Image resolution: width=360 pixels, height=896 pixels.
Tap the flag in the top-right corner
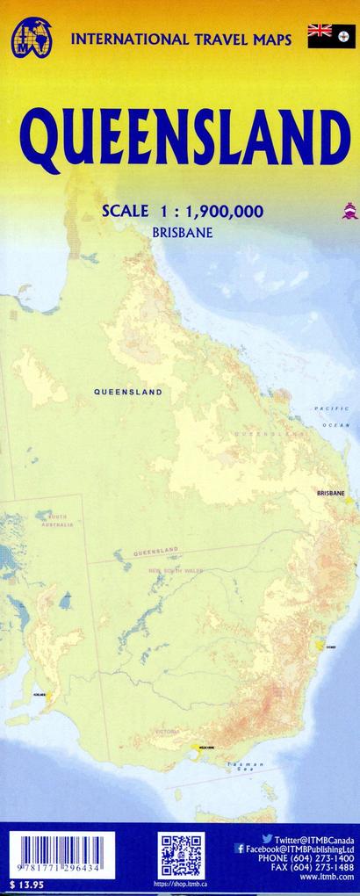coord(332,35)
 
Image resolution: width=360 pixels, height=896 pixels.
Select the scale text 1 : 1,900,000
coord(208,210)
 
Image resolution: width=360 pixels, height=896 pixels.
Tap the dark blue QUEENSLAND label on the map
coord(128,392)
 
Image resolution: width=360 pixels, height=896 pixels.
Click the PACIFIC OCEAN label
coord(333,416)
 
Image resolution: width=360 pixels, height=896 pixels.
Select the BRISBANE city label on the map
coord(330,494)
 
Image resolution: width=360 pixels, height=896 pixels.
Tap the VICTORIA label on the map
coord(167,731)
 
